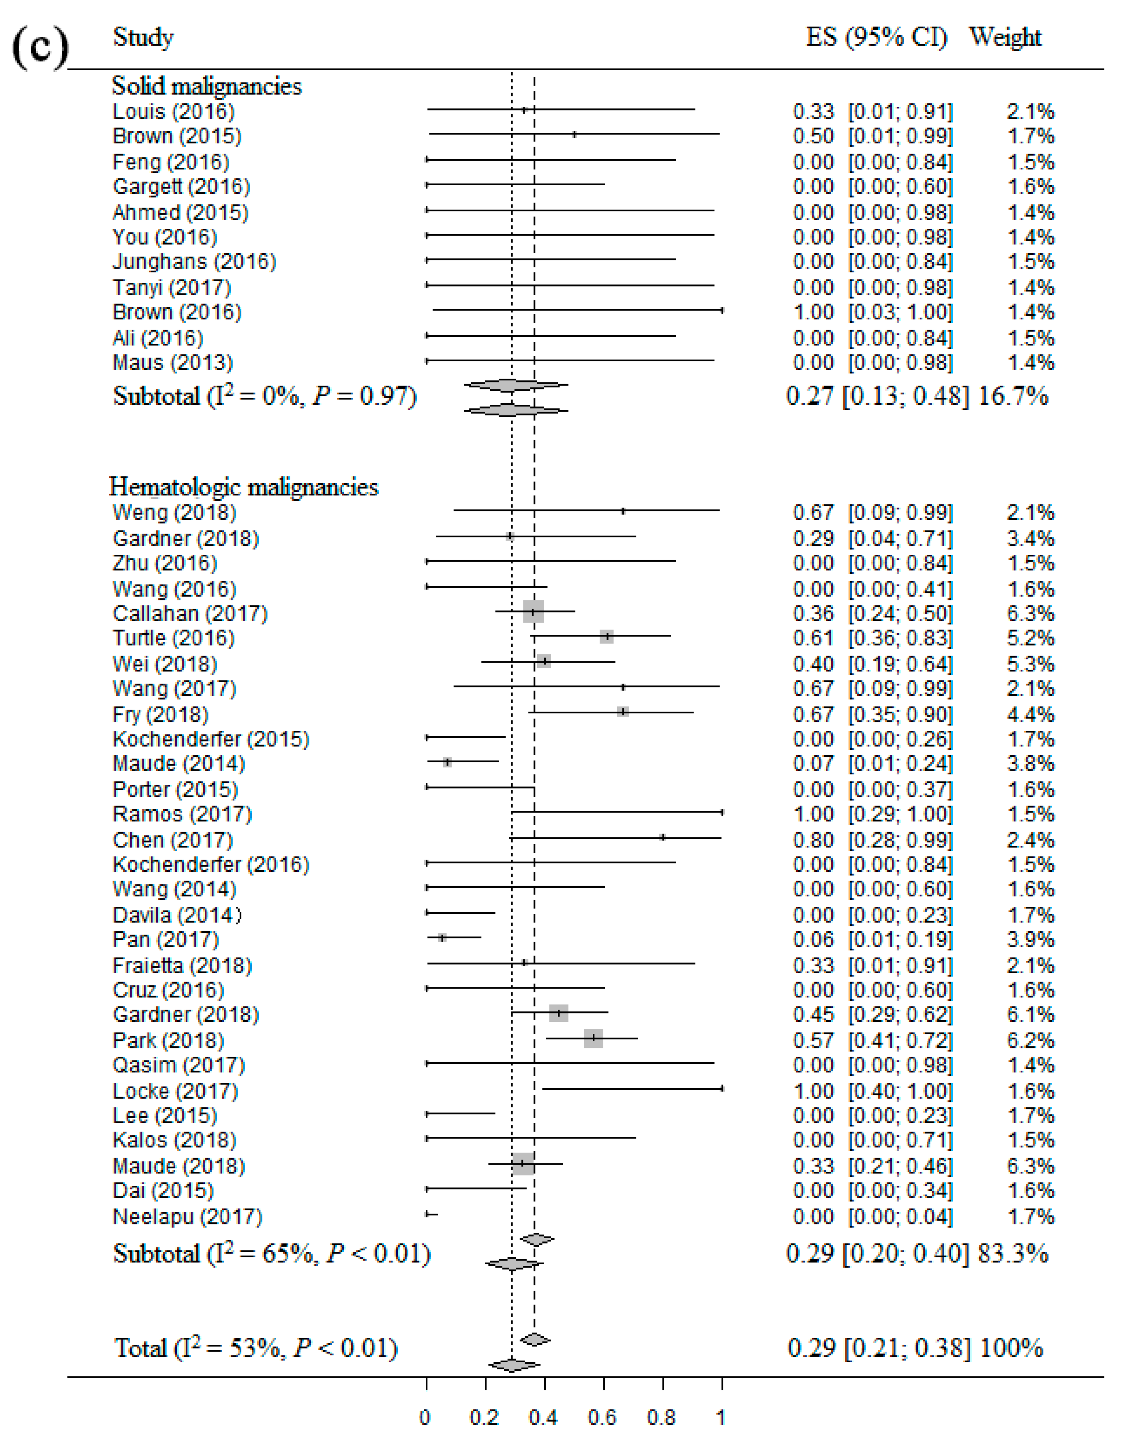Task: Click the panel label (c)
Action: coord(39,47)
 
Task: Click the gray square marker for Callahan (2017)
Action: coord(533,612)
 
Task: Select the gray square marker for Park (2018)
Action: coord(593,1038)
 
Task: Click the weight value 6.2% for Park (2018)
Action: coord(1030,1040)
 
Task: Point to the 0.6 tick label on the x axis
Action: coord(602,1418)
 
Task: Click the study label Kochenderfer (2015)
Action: coord(211,739)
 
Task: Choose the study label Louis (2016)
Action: coord(174,112)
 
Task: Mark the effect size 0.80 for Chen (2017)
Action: coord(814,840)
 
